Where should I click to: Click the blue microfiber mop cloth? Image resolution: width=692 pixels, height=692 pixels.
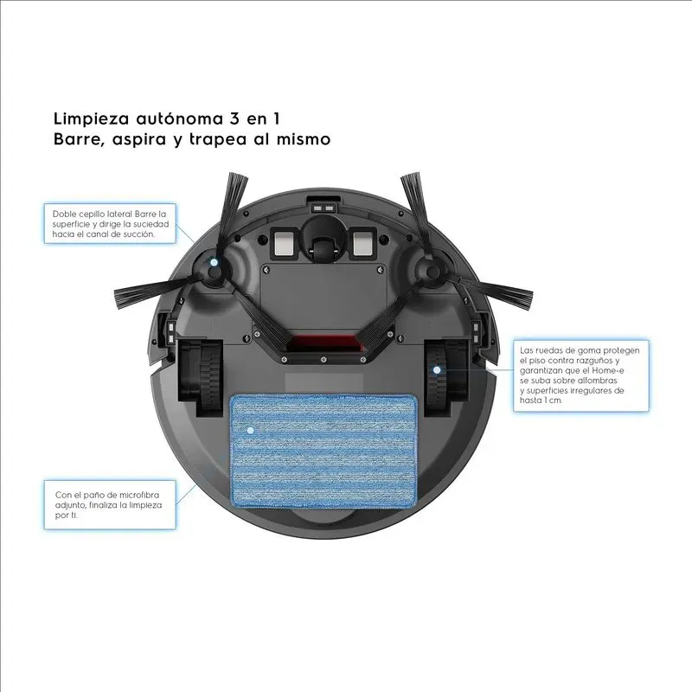(325, 450)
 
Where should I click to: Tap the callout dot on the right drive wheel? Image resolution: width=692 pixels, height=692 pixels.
(437, 370)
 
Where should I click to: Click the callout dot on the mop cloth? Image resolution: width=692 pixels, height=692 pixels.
(250, 429)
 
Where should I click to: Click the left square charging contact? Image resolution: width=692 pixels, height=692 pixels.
(283, 242)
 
